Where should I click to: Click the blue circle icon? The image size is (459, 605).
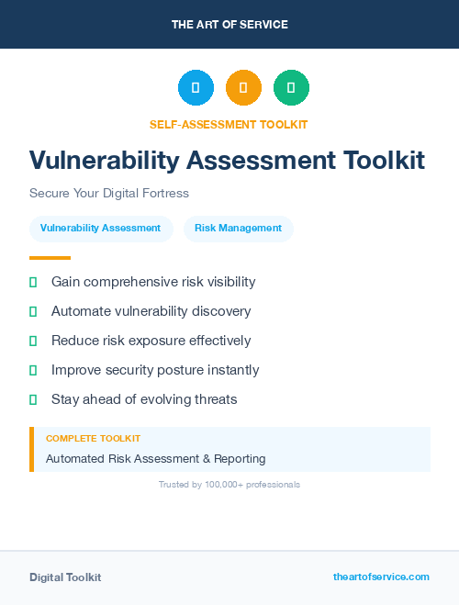coord(196,88)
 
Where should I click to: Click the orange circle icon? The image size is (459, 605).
coord(243,88)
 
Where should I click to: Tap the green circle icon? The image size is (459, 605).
coord(291,88)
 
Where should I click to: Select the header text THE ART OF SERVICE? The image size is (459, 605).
coord(229,25)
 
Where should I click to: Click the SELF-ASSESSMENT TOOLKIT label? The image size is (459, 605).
coord(229,124)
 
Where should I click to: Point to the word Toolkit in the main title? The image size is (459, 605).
coord(384,161)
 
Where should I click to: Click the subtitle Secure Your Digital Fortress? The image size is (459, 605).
coord(108,194)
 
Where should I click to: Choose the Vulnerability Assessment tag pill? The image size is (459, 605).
coord(101,229)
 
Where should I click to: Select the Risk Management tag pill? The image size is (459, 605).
coord(238,229)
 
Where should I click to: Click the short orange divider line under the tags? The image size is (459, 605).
coord(50,258)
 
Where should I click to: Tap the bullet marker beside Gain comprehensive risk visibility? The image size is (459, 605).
coord(33,283)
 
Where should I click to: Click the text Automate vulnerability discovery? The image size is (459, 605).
coord(151,311)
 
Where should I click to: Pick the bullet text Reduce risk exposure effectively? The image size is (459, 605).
coord(151,341)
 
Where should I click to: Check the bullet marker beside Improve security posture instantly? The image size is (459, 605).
coord(33,371)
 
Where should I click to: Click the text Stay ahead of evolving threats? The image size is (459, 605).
coord(144,399)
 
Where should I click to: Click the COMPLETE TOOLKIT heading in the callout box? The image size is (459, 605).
coord(93,439)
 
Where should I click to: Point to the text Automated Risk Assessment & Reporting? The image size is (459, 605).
coord(155,458)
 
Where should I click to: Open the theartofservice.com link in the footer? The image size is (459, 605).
coord(381,577)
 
